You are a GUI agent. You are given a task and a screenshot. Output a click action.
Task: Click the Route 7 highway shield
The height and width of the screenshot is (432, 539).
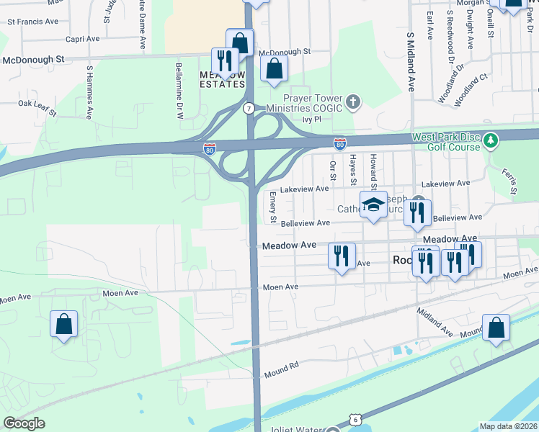(x=248, y=108)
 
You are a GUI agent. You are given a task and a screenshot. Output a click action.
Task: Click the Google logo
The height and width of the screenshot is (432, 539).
(x=24, y=423)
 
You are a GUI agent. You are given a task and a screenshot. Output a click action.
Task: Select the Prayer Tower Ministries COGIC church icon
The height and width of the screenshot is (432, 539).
(x=353, y=102)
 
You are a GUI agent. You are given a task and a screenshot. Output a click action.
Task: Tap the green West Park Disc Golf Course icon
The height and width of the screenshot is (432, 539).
(x=491, y=138)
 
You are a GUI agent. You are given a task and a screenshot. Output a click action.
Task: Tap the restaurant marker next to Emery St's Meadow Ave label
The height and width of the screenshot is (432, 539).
(x=342, y=256)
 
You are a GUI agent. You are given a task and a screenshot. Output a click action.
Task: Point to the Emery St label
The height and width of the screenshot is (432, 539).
(x=273, y=206)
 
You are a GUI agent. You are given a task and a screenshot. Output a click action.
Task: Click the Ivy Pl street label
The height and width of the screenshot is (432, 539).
(x=311, y=120)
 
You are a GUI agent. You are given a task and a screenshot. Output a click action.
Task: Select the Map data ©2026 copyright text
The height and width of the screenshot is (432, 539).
(x=508, y=426)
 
